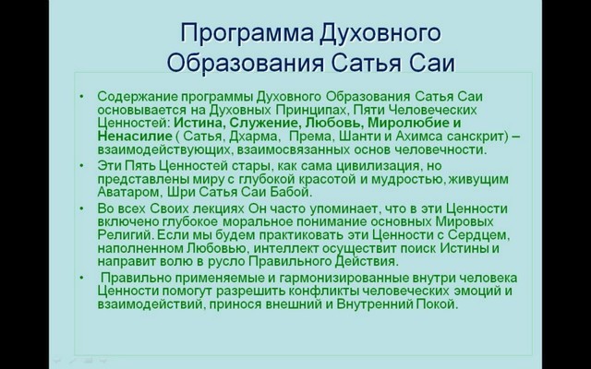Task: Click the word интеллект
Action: (x=271, y=249)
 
